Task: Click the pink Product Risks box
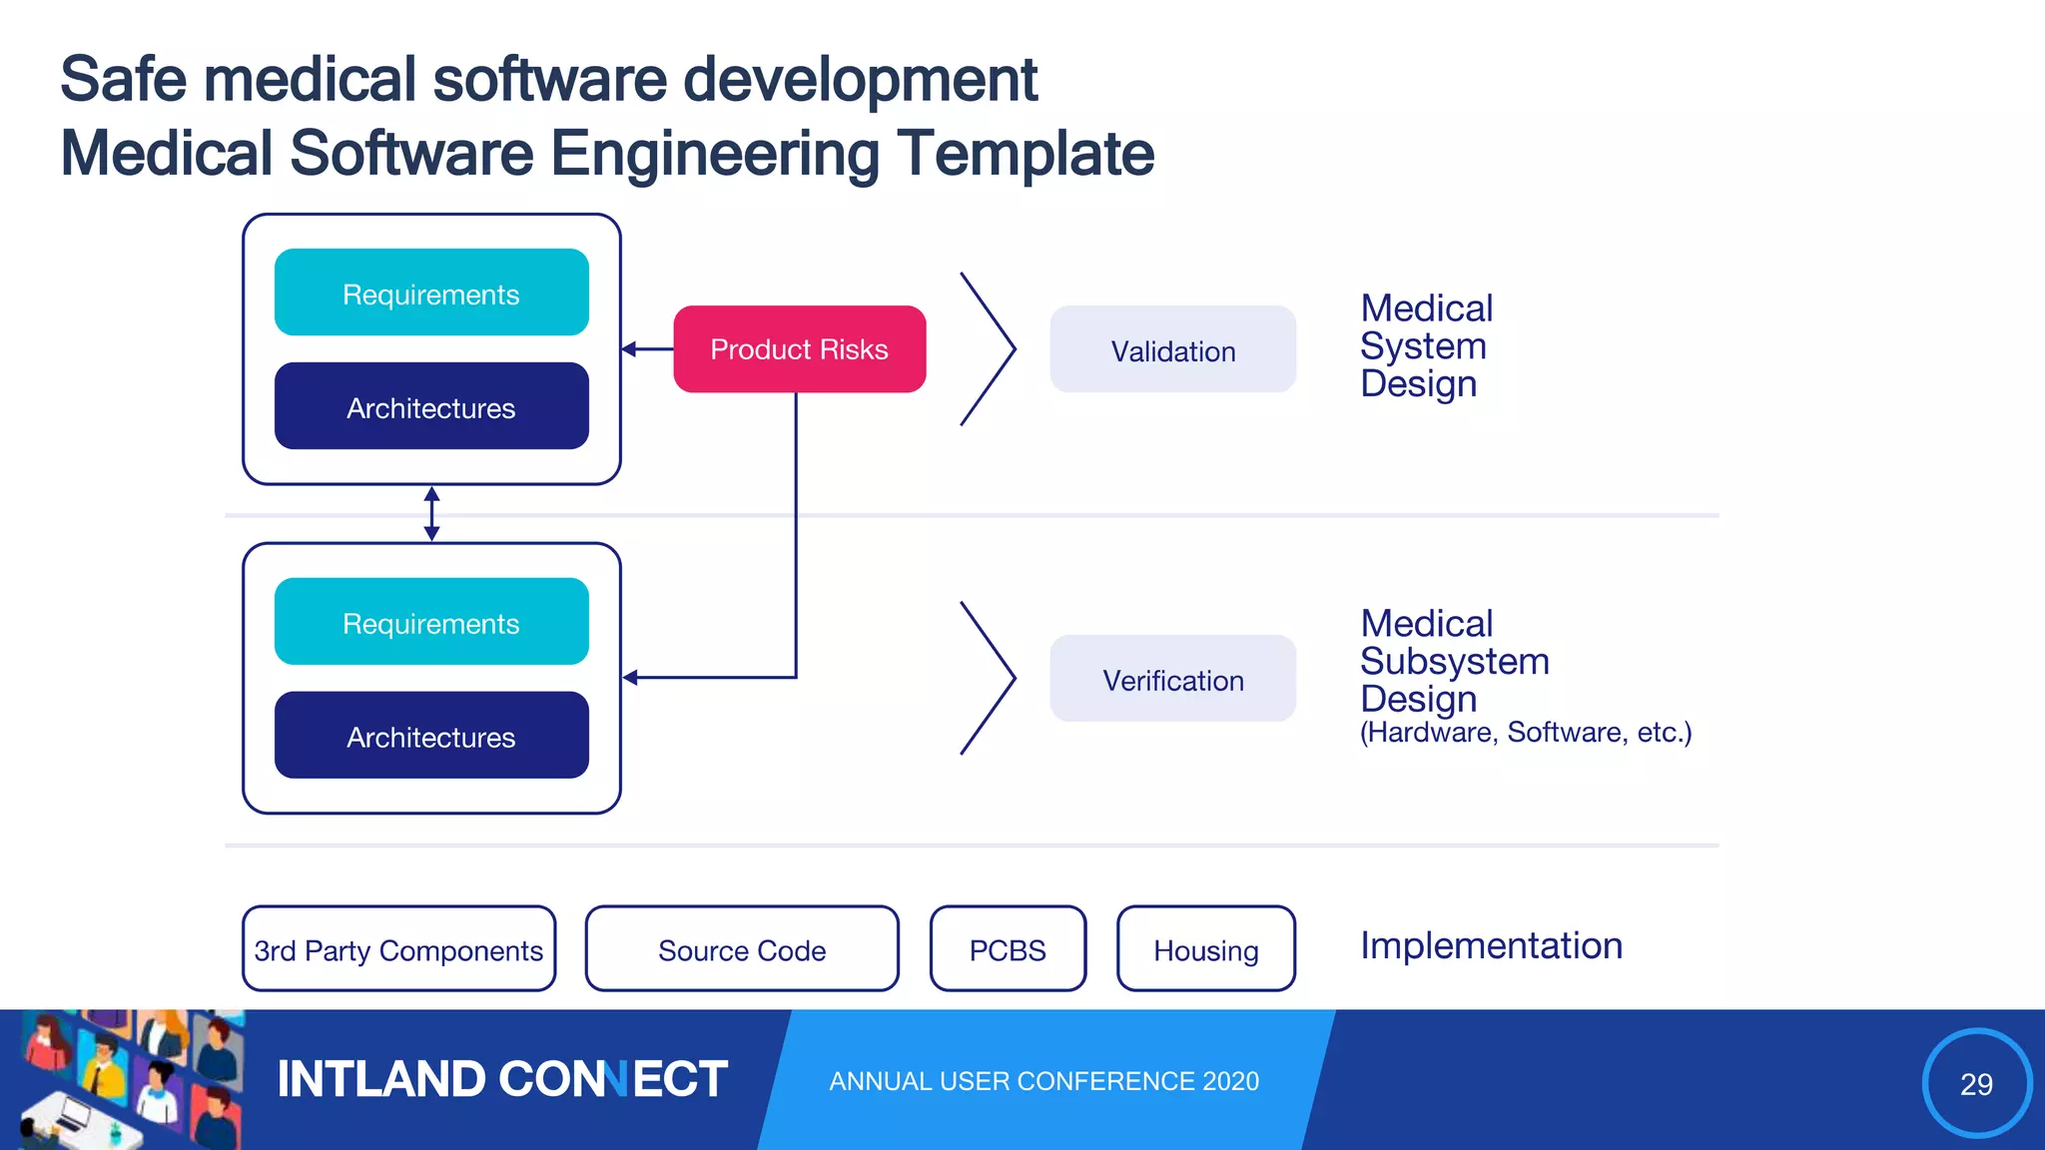click(799, 349)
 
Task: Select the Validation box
click(1172, 350)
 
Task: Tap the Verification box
click(1172, 680)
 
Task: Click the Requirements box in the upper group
click(431, 293)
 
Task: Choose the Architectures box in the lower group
click(431, 737)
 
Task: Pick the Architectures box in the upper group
click(431, 407)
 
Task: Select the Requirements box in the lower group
click(431, 623)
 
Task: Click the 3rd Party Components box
click(398, 949)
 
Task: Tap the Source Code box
click(742, 949)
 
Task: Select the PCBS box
click(1008, 949)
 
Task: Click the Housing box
click(1205, 949)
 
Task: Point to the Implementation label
click(1491, 945)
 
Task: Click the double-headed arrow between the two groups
click(431, 514)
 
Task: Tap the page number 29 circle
click(1976, 1083)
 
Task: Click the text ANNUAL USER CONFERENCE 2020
click(1043, 1081)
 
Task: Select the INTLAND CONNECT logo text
click(501, 1079)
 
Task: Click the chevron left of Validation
click(989, 349)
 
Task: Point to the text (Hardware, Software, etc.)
click(1525, 733)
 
